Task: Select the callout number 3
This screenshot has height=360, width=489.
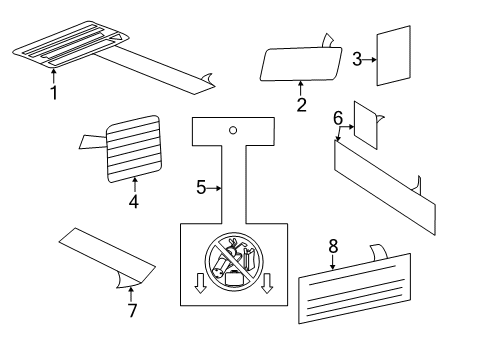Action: [x=357, y=60]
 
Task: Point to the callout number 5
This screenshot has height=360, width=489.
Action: [x=200, y=187]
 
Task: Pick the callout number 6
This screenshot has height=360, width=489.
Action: [x=338, y=118]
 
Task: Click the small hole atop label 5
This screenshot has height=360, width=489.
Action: [x=232, y=129]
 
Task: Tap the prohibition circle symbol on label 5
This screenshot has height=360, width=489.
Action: [x=232, y=261]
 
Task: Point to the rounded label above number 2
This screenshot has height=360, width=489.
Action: [x=296, y=64]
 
